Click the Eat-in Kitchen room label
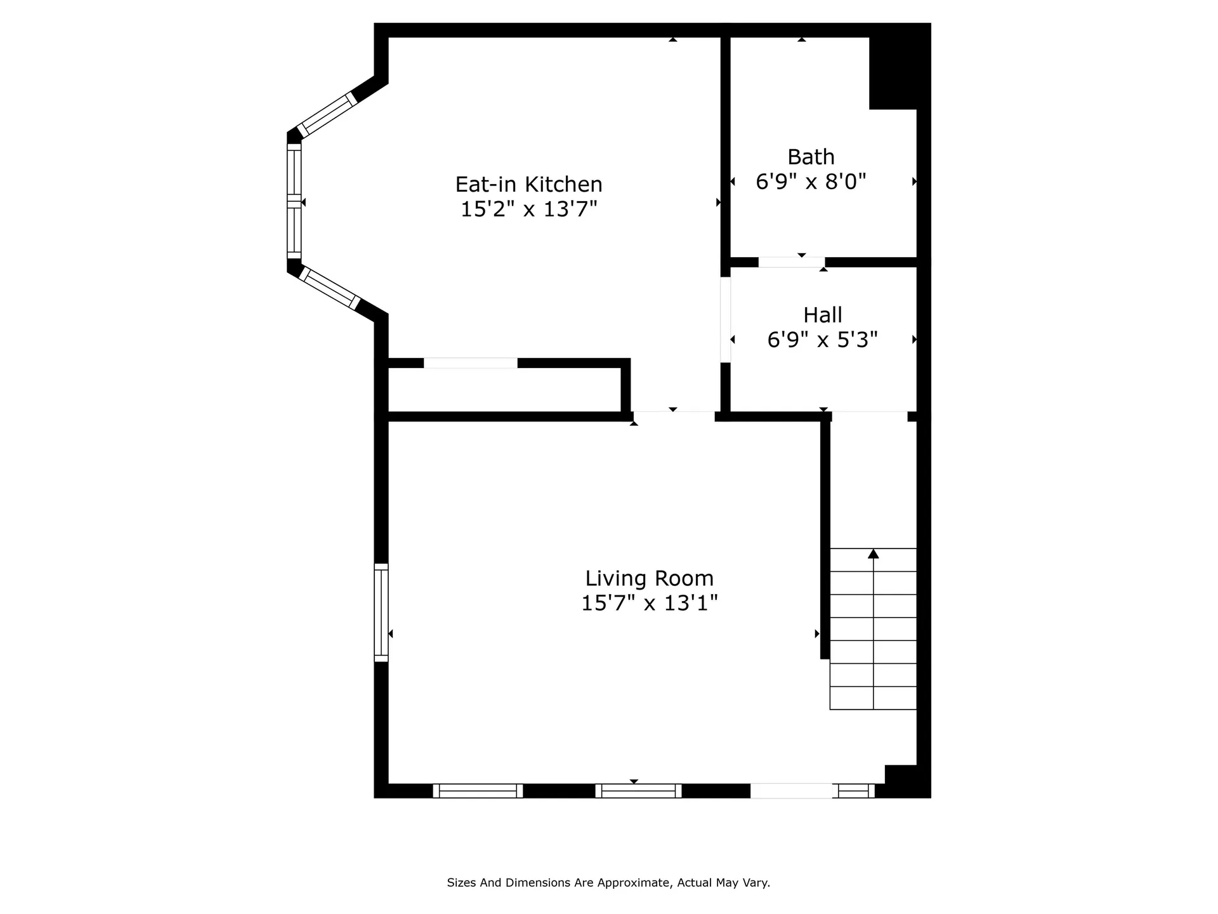[x=528, y=184]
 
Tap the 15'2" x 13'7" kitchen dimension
[x=528, y=209]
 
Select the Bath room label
[x=811, y=157]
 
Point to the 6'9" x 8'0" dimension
[x=811, y=182]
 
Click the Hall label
[x=823, y=315]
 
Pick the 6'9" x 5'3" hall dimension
[x=823, y=340]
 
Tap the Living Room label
[x=649, y=578]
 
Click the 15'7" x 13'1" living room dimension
[x=649, y=602]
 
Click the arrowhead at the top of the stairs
[x=874, y=553]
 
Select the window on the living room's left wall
[x=381, y=613]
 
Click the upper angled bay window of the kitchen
[x=327, y=115]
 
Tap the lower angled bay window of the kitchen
[x=329, y=288]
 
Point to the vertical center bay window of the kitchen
[x=294, y=201]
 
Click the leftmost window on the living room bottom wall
[x=478, y=791]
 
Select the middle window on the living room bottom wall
[x=638, y=791]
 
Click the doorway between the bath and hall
[x=792, y=262]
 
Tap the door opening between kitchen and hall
[x=726, y=320]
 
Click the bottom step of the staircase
[x=874, y=698]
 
